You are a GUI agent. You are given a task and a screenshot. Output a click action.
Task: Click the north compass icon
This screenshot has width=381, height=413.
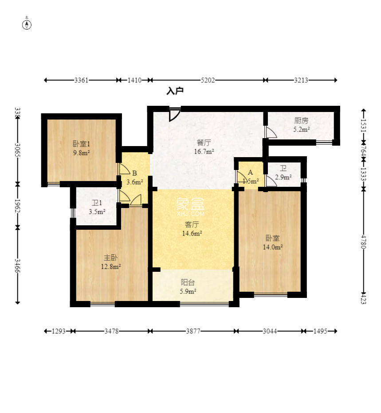(x=27, y=24)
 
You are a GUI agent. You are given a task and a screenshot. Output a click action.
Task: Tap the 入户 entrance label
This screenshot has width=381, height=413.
(x=175, y=91)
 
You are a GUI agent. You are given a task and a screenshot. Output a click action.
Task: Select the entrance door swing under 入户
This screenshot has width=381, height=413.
(x=175, y=114)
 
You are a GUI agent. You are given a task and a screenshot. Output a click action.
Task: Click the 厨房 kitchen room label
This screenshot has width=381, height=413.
(x=301, y=120)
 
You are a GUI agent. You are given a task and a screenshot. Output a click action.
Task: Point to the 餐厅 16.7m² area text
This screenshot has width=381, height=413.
(x=204, y=151)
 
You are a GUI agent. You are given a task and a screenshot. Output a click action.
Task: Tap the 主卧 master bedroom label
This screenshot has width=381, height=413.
(x=111, y=258)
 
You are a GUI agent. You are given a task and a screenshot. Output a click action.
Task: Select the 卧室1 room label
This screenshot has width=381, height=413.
(x=81, y=144)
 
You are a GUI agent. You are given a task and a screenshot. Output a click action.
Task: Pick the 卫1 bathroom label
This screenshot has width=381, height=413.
(x=97, y=203)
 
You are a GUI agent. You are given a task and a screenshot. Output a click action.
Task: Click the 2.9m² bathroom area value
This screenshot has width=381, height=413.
(x=283, y=178)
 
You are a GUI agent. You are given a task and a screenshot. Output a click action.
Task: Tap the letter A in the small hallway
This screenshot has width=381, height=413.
(x=250, y=172)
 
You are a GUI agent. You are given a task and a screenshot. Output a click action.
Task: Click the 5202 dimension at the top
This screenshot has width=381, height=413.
(x=208, y=80)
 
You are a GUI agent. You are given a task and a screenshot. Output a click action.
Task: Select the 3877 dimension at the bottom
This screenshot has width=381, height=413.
(x=192, y=331)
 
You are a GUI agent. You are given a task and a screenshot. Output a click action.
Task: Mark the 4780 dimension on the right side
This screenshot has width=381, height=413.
(x=363, y=241)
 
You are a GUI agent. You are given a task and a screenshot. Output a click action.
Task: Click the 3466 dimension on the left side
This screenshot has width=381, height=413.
(x=18, y=265)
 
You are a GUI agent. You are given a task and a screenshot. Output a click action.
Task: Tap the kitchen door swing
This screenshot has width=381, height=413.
(x=271, y=132)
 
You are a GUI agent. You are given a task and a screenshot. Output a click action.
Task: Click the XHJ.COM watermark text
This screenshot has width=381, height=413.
(x=190, y=213)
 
